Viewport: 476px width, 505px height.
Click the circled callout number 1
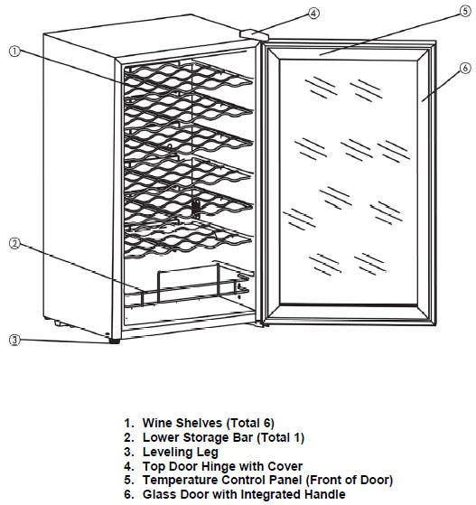[14, 51]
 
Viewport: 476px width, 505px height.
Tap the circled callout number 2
[14, 244]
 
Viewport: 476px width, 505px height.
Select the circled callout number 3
[14, 340]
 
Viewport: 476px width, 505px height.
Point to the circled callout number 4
[314, 14]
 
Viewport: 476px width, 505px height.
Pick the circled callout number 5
[465, 11]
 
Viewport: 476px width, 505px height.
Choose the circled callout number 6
[465, 68]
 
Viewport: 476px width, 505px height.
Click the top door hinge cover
[254, 34]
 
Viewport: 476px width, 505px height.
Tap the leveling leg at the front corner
[115, 341]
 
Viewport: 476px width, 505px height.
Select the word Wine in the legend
[157, 423]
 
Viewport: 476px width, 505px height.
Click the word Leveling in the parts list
[167, 453]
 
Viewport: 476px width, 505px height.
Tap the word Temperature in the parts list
[181, 481]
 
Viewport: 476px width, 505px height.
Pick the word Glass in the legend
[159, 494]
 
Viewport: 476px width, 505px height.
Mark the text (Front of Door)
[350, 481]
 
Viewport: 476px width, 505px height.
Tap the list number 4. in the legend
[128, 466]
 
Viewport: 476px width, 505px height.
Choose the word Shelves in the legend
[200, 423]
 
